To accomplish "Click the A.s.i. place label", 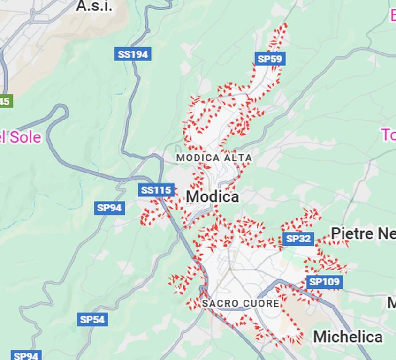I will coord(94,6).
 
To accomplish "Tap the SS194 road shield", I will coord(133,54).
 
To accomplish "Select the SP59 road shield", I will coord(270,59).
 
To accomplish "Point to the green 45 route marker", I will coord(5,101).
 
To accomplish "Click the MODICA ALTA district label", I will coord(214,158).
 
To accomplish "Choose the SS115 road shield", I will coord(157,190).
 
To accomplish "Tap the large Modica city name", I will coord(212,197).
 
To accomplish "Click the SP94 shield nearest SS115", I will coord(109,208).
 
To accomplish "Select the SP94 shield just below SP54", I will coord(26,355).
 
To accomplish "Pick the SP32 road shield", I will coord(298,239).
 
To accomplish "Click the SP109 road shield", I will coord(324,282).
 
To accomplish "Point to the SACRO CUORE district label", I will coord(241,304).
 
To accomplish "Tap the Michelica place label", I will coord(348,337).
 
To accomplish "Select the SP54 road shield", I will coord(92,320).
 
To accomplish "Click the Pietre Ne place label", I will coord(363,233).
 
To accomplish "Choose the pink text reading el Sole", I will coord(21,137).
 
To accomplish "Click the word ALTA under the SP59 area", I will coord(238,158).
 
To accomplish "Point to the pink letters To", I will coord(388,135).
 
